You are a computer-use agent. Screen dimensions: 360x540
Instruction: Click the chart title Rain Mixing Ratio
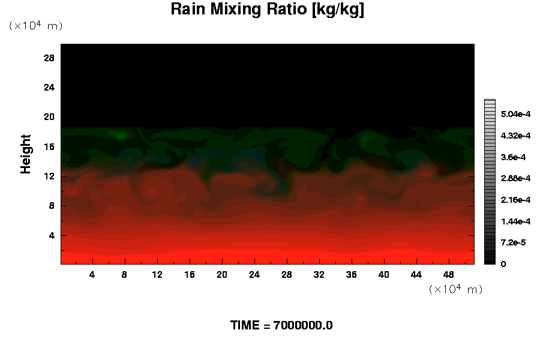tap(268, 10)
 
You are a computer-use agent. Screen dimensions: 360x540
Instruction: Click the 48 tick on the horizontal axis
tap(449, 274)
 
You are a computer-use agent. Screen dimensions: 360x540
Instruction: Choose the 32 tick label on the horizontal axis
tap(319, 274)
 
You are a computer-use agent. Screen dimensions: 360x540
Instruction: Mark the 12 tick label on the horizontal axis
tap(157, 274)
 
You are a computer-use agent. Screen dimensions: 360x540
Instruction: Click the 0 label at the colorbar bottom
tap(503, 264)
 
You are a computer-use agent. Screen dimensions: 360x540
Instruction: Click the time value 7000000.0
tap(302, 326)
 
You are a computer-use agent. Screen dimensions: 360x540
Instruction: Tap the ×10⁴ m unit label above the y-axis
tap(35, 26)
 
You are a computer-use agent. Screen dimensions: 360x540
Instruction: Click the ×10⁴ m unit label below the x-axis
tap(455, 289)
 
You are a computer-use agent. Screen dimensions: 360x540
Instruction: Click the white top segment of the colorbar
tap(490, 102)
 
